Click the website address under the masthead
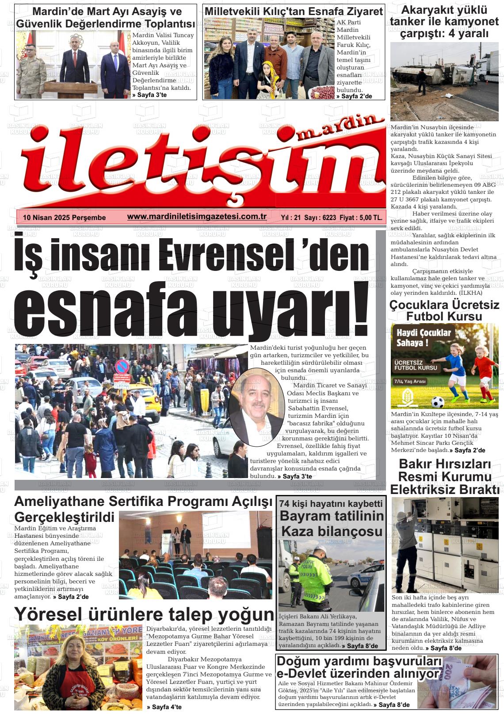(197, 216)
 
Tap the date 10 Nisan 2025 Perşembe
(65, 217)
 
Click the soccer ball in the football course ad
(437, 401)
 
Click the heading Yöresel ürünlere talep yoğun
(144, 614)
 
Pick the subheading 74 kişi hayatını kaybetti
(331, 504)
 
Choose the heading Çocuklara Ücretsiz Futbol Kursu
(444, 311)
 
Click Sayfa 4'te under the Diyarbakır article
(164, 707)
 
